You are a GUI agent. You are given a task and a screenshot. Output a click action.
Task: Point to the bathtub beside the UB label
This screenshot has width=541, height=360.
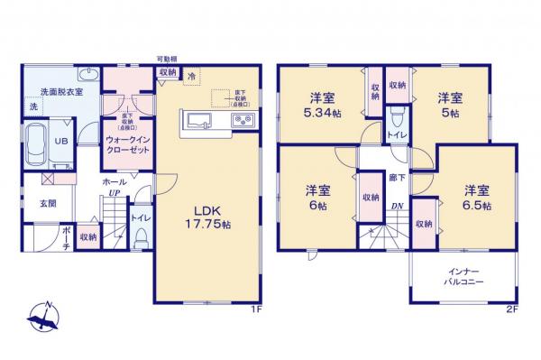[x=35, y=142]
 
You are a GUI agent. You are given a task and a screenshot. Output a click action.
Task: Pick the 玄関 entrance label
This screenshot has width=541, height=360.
[x=48, y=203]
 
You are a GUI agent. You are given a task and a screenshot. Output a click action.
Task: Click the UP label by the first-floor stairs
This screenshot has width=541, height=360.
[x=115, y=193]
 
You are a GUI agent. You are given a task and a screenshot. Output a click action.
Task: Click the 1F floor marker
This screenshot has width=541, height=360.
[x=256, y=309]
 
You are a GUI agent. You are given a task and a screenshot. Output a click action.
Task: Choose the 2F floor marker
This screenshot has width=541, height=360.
[x=511, y=309]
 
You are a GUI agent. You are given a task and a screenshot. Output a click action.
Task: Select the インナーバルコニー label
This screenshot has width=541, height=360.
[x=465, y=277]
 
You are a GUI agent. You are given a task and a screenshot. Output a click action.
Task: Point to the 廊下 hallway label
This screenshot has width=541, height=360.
[x=395, y=178]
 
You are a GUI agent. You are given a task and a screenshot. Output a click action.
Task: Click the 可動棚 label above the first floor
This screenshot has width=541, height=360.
[x=167, y=57]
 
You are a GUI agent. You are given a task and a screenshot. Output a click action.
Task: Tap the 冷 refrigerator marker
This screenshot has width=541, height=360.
[x=191, y=76]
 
